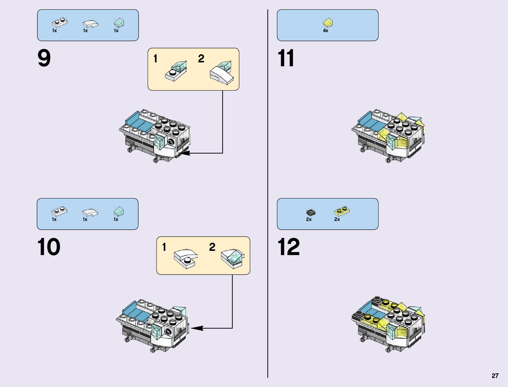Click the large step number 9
pyautogui.click(x=44, y=58)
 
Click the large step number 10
pyautogui.click(x=49, y=247)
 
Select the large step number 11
pyautogui.click(x=286, y=58)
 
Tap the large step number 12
pyautogui.click(x=288, y=247)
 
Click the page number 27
pyautogui.click(x=495, y=376)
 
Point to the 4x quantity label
pyautogui.click(x=326, y=31)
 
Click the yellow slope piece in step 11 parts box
pyautogui.click(x=328, y=22)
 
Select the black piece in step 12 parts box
pyautogui.click(x=311, y=212)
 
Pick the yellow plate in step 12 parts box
pyautogui.click(x=341, y=212)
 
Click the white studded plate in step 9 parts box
pyautogui.click(x=60, y=23)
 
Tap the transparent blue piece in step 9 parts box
pyautogui.click(x=119, y=22)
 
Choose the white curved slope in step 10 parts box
pyautogui.click(x=90, y=213)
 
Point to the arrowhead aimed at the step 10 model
pyautogui.click(x=197, y=328)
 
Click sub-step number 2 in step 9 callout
pyautogui.click(x=201, y=59)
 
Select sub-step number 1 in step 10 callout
pyautogui.click(x=164, y=247)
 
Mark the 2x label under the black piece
pyautogui.click(x=309, y=219)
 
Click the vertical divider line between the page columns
pyautogui.click(x=268, y=195)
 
